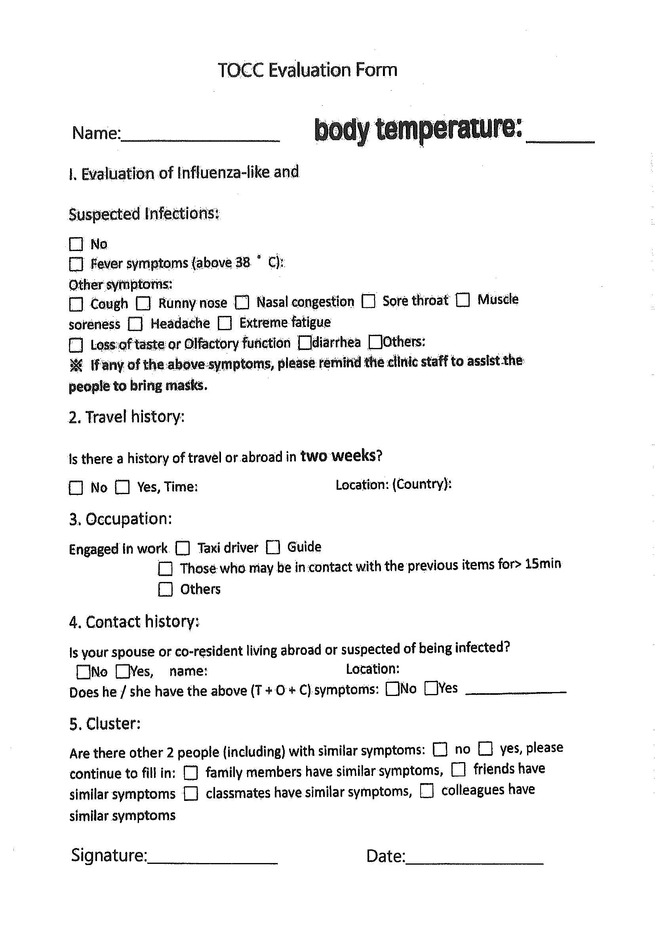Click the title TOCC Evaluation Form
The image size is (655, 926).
pos(307,70)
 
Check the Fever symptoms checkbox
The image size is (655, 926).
pos(76,264)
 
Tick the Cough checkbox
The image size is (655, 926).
pos(76,304)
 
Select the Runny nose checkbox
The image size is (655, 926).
pos(143,303)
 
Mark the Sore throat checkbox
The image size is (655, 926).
pos(368,301)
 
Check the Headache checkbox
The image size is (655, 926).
pos(135,324)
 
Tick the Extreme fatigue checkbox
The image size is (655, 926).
pos(225,323)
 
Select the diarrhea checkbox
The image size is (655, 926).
pos(305,343)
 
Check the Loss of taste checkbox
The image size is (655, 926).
pos(76,345)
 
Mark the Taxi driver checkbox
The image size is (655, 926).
pos(183,548)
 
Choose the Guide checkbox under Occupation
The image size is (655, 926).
pos(272,547)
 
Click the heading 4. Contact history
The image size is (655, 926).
pos(134,622)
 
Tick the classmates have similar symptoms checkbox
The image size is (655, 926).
pos(191,793)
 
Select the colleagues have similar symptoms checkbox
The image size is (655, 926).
pos(427,791)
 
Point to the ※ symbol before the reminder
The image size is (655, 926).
pos(76,365)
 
